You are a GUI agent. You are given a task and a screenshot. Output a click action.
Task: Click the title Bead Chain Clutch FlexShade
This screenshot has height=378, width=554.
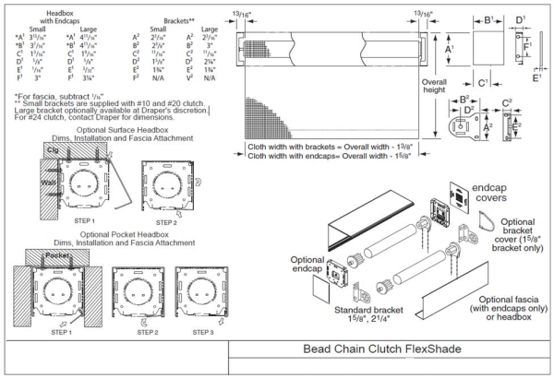389,350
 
